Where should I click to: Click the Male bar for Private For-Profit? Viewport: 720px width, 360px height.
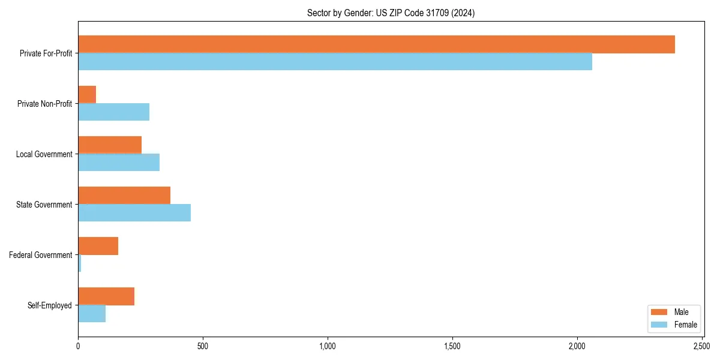coord(376,44)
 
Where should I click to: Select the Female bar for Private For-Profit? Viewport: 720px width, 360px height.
coord(335,62)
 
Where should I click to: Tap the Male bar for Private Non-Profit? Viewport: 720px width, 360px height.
coord(87,95)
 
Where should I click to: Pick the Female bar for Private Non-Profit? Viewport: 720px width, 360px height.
coord(113,112)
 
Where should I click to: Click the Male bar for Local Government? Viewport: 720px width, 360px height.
coord(110,145)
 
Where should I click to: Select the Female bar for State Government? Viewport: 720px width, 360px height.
coord(134,213)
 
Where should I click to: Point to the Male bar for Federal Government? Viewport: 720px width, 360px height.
coord(98,246)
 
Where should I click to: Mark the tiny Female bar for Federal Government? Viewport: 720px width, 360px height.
coord(80,263)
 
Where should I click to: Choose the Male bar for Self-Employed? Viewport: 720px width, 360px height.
coord(106,296)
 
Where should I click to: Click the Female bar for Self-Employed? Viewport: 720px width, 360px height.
coord(92,314)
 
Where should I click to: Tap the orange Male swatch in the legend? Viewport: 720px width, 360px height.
coord(659,312)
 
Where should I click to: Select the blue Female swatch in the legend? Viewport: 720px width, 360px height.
coord(659,325)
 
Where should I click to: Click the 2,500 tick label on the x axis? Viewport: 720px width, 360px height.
coord(702,346)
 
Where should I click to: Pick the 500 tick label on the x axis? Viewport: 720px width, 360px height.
coord(203,346)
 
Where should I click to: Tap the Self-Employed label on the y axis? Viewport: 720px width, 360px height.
coord(50,305)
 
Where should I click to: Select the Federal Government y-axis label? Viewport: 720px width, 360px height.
coord(41,255)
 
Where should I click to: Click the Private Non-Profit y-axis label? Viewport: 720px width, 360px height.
coord(44,104)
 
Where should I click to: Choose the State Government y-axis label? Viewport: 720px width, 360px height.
coord(44,205)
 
